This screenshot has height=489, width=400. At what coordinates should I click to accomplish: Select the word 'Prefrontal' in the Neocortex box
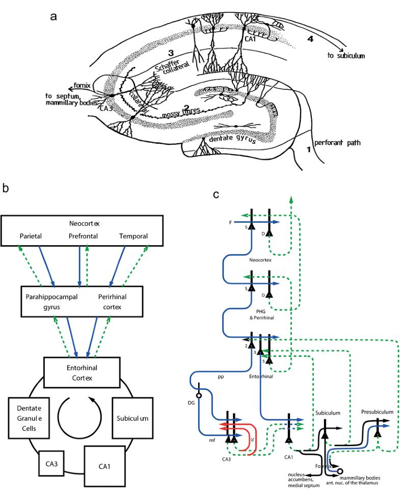pos(84,236)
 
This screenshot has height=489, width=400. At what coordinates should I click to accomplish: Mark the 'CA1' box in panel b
pos(104,466)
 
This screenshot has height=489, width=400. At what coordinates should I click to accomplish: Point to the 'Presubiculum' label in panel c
pos(377,411)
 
